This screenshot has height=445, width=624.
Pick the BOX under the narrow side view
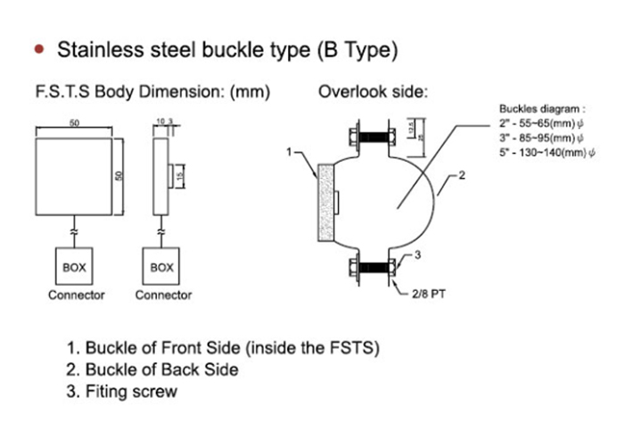[161, 266]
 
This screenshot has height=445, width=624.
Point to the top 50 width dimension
[75, 125]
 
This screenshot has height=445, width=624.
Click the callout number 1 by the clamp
[289, 152]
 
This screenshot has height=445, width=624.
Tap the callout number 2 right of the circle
[463, 177]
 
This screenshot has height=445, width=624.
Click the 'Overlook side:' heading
[373, 92]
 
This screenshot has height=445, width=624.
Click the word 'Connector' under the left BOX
[76, 295]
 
